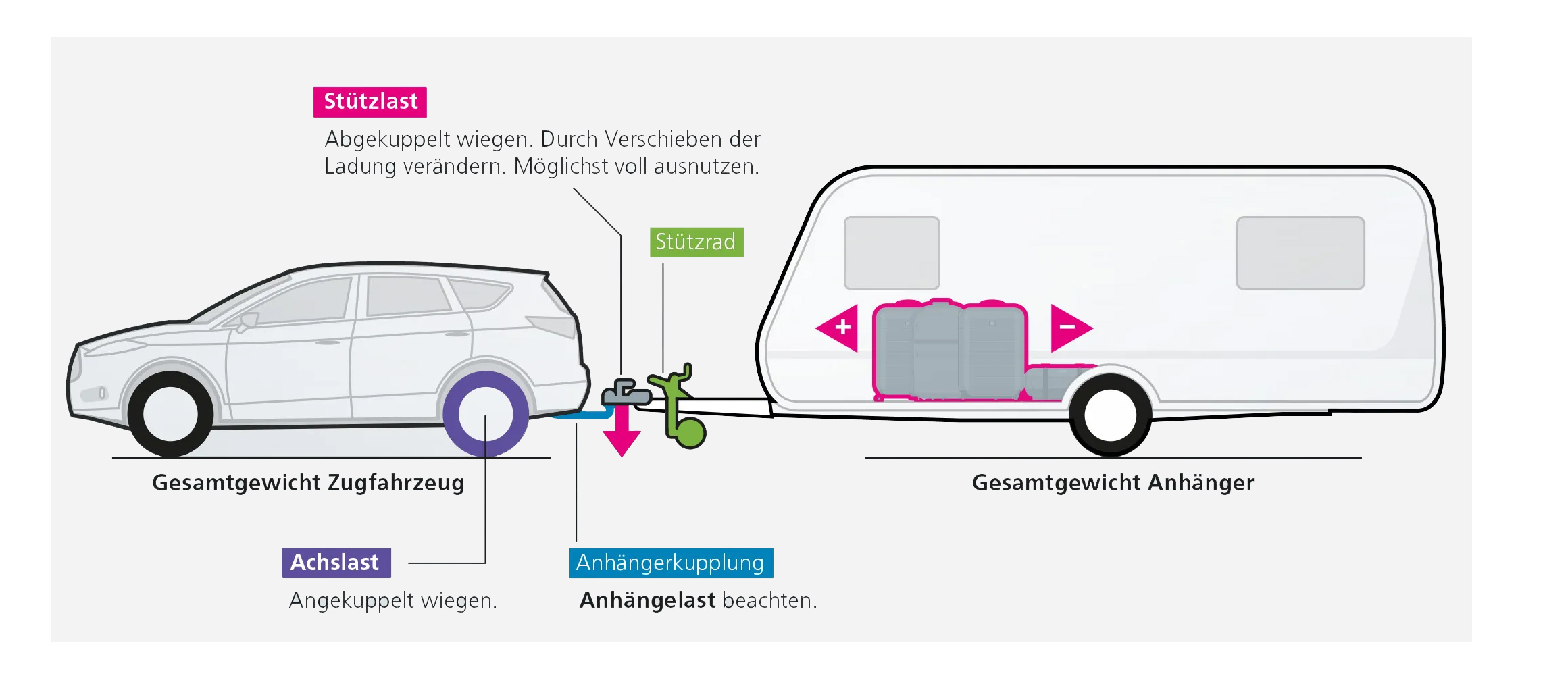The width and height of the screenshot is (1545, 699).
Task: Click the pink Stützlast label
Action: click(x=370, y=101)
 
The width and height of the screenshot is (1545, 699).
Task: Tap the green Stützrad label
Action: click(x=696, y=242)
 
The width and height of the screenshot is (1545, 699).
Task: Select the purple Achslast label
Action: click(x=336, y=563)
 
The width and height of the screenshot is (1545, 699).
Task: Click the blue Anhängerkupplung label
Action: click(x=670, y=563)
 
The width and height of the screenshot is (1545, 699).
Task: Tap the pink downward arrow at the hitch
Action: click(x=622, y=432)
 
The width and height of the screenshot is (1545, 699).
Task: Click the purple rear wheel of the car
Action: click(x=485, y=414)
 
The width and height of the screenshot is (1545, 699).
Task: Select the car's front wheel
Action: click(x=170, y=413)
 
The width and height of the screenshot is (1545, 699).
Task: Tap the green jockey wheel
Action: click(x=690, y=433)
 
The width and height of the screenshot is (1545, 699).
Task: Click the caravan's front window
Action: click(x=891, y=253)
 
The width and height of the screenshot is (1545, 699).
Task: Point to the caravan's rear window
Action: click(x=1300, y=253)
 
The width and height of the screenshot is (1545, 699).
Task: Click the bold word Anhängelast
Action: click(x=647, y=600)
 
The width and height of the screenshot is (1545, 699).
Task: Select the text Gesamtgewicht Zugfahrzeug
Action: click(x=308, y=483)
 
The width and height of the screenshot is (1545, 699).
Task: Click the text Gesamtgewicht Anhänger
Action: click(x=1113, y=483)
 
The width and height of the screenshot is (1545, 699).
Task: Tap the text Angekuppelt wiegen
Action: click(x=392, y=600)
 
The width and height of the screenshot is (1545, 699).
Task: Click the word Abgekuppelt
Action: click(x=387, y=139)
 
